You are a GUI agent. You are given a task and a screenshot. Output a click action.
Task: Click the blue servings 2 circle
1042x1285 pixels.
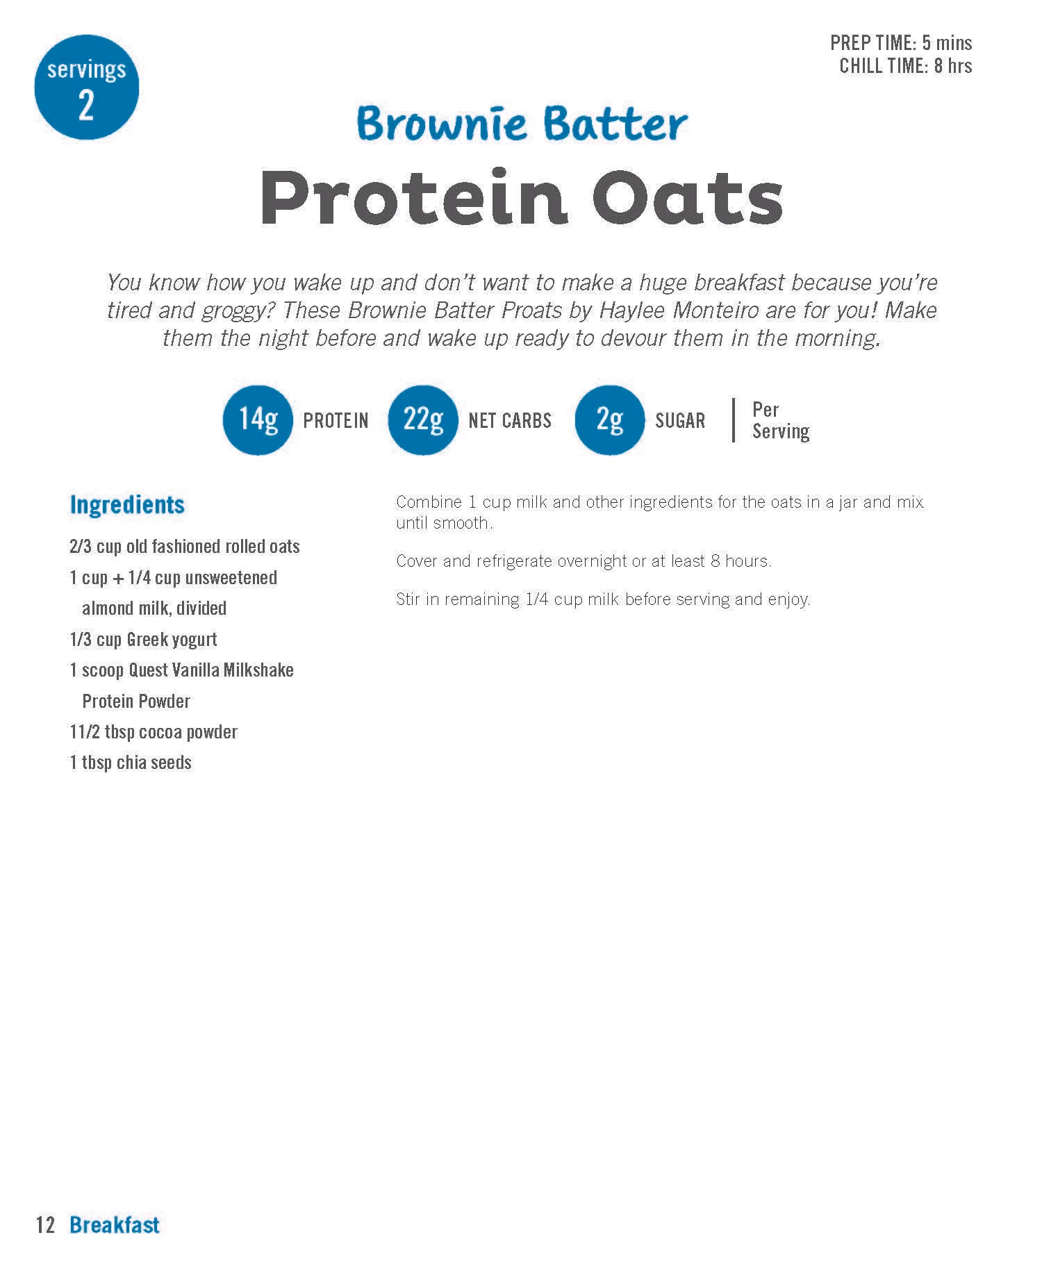(86, 88)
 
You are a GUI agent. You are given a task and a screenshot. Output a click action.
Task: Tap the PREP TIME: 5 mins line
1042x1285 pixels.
(900, 43)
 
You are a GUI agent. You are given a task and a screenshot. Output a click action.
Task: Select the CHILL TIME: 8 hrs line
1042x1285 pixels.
(905, 66)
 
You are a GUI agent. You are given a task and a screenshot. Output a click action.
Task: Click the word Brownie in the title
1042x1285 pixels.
(441, 124)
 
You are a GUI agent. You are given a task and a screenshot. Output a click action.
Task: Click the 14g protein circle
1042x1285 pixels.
(258, 420)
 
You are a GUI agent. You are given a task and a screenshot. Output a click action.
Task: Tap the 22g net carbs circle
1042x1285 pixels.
(422, 420)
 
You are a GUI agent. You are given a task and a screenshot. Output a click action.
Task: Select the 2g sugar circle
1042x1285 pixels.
(609, 420)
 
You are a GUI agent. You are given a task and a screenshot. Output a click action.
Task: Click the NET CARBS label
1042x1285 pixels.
(510, 421)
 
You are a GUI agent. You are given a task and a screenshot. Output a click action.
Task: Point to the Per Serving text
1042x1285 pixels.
(780, 420)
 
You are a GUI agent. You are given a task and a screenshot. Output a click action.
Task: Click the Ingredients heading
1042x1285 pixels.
(127, 505)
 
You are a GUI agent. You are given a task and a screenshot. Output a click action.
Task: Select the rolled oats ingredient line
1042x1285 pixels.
(185, 547)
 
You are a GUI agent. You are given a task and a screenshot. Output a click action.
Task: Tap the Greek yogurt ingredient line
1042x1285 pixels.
(143, 639)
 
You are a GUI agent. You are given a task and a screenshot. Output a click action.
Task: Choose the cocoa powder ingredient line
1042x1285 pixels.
(154, 732)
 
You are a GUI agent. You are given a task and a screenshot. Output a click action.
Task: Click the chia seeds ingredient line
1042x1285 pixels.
(131, 763)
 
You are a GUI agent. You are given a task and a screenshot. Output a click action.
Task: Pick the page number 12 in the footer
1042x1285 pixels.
(45, 1225)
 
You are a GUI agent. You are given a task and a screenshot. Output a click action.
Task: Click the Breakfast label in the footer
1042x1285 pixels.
(115, 1225)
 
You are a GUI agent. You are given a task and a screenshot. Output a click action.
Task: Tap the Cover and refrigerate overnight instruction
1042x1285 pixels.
(584, 561)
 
